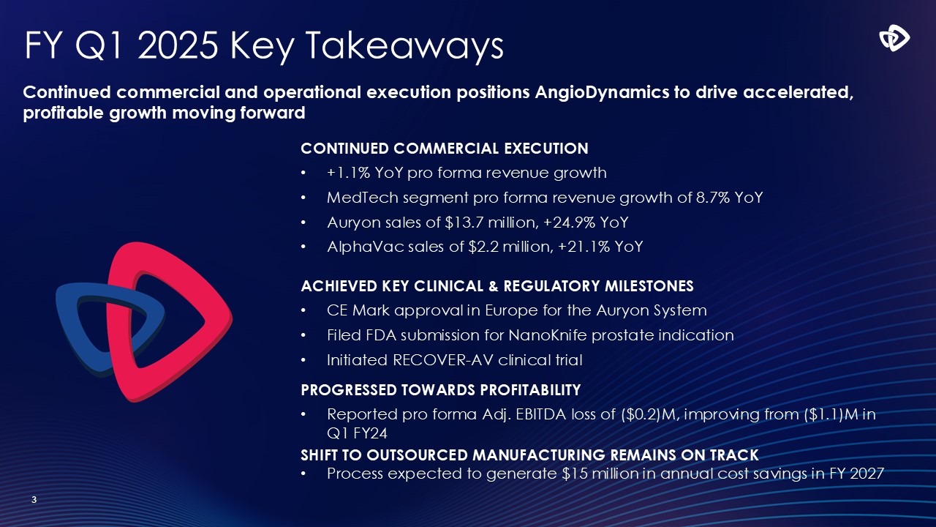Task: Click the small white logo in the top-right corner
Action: pyautogui.click(x=894, y=38)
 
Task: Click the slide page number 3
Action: pyautogui.click(x=34, y=499)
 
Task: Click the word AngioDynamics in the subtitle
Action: pyautogui.click(x=602, y=92)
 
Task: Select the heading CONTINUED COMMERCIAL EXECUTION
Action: pyautogui.click(x=444, y=149)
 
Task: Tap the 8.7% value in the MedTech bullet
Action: pyautogui.click(x=712, y=198)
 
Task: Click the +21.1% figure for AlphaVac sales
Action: pyautogui.click(x=584, y=247)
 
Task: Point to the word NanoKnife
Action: pyautogui.click(x=548, y=335)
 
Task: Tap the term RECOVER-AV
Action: pyautogui.click(x=443, y=360)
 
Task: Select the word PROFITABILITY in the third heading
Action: pyautogui.click(x=530, y=390)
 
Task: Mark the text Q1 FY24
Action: pyautogui.click(x=358, y=433)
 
